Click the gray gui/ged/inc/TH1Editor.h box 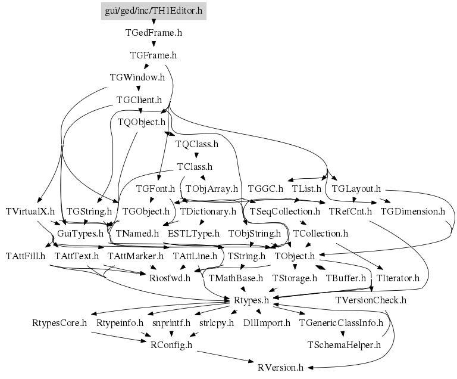(x=153, y=11)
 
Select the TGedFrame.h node (x=153, y=33)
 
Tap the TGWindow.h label (x=137, y=77)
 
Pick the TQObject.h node (x=142, y=122)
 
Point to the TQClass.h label (x=197, y=144)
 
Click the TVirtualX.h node (x=30, y=211)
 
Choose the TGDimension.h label (x=412, y=211)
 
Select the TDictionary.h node (x=208, y=211)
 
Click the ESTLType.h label (x=193, y=233)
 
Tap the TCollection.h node (x=320, y=233)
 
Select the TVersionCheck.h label (x=371, y=300)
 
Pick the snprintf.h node (x=171, y=322)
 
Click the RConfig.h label (x=173, y=344)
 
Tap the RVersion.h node (x=281, y=367)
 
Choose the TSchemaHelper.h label (x=343, y=344)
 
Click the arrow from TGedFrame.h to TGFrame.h (x=154, y=44)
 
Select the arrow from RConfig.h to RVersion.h (x=226, y=356)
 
